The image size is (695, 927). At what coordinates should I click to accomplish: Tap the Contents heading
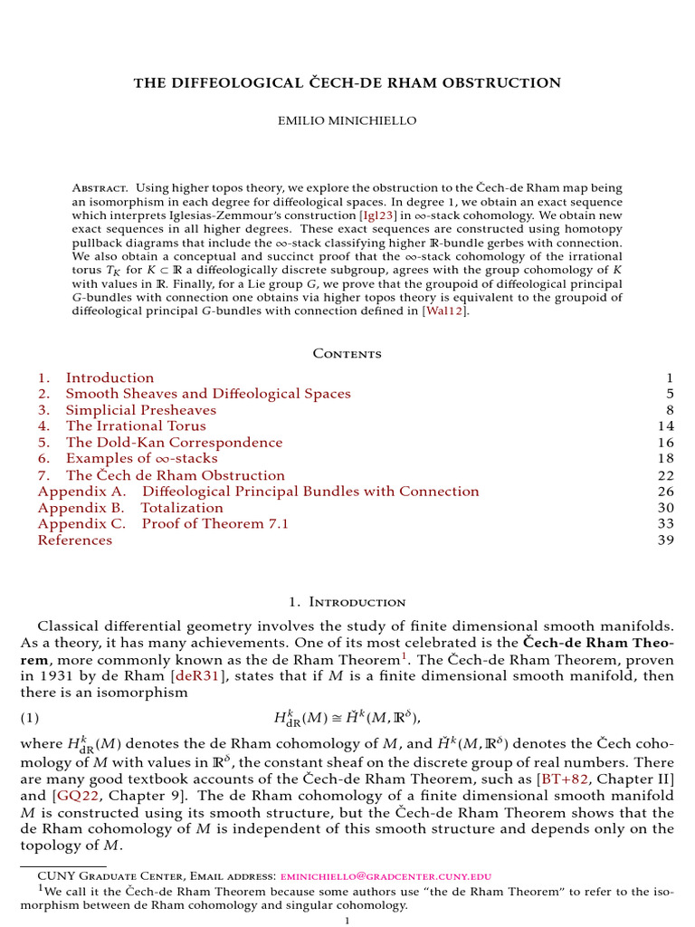[x=347, y=354]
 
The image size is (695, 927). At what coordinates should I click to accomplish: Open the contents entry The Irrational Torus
[x=136, y=426]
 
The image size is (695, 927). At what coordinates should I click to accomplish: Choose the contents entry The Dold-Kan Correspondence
[x=174, y=443]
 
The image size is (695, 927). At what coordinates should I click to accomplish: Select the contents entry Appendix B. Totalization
[x=130, y=508]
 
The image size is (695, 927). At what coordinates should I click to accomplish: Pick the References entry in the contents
[x=75, y=540]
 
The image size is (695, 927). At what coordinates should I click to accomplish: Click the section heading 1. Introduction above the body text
[x=347, y=602]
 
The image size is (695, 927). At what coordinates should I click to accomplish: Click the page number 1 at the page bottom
[x=347, y=921]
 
